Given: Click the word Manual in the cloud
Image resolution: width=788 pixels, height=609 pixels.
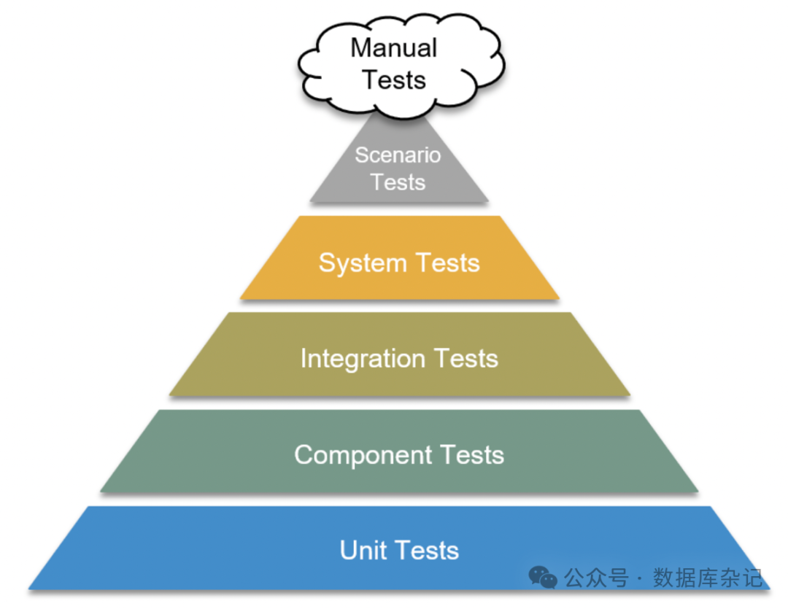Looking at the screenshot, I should tap(393, 48).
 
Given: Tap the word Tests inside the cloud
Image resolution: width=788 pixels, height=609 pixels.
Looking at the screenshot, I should tap(394, 79).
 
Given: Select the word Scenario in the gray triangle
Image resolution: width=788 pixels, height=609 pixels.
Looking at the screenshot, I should tap(398, 155).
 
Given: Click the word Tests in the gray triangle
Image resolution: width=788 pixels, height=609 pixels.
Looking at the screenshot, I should tap(398, 182).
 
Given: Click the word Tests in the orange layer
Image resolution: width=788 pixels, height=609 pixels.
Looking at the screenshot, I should tap(447, 263).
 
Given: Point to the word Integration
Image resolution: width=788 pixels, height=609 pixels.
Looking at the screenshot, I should tap(363, 358).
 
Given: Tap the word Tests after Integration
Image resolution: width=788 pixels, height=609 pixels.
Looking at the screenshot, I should tap(466, 358).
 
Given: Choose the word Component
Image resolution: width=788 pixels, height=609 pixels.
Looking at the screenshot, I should tap(353, 454).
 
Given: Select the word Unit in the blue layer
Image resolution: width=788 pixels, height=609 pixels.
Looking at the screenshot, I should tap(363, 550).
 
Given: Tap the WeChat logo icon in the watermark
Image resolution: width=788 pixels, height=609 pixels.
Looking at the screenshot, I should tap(543, 578).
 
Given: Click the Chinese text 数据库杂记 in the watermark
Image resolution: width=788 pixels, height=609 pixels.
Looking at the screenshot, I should tap(708, 578).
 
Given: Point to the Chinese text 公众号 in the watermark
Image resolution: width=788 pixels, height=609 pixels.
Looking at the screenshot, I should tap(596, 578).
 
